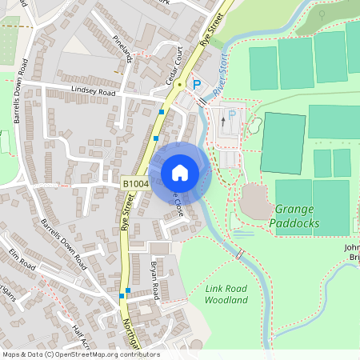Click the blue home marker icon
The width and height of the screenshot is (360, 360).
tap(180, 173)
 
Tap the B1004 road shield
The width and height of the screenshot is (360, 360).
tap(134, 184)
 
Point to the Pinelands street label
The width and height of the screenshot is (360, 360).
tap(122, 44)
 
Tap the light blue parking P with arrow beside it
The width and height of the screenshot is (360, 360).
tap(232, 115)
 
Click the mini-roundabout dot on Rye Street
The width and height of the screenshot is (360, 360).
tap(181, 83)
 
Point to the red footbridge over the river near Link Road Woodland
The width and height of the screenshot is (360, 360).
tap(240, 254)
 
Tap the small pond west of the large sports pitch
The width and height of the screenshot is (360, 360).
tap(255, 126)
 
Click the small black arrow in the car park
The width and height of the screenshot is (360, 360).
tap(222, 122)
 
